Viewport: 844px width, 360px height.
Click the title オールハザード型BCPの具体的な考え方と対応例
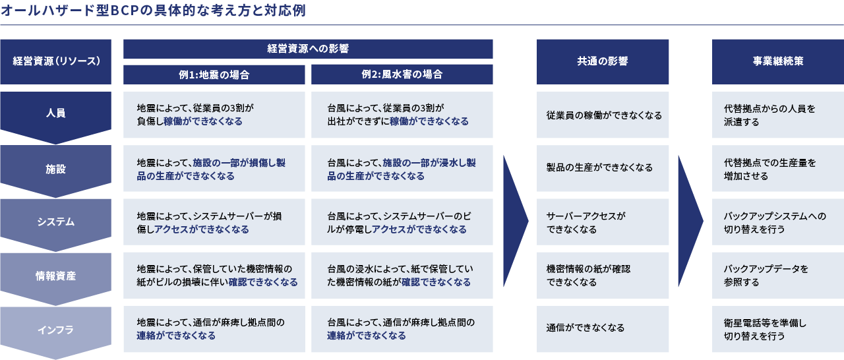(x=153, y=11)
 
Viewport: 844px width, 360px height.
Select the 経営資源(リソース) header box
(x=56, y=62)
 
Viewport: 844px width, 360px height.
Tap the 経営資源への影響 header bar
(x=308, y=49)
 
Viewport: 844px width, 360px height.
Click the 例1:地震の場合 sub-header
(x=214, y=75)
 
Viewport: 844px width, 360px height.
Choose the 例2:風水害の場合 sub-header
(x=402, y=75)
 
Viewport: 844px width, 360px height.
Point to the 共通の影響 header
(x=603, y=62)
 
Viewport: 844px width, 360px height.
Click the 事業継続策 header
(x=777, y=62)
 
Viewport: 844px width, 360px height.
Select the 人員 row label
(x=56, y=113)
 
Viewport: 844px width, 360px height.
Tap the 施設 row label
(x=56, y=169)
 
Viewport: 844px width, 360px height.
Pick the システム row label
(x=56, y=222)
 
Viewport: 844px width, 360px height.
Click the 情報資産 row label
(x=56, y=276)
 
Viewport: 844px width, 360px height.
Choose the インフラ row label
(x=56, y=330)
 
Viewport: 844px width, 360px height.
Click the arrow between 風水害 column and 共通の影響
(x=515, y=222)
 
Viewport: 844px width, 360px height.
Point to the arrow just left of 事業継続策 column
(x=690, y=222)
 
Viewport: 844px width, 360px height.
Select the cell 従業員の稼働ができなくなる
(x=603, y=115)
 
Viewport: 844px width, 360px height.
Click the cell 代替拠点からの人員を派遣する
(x=777, y=115)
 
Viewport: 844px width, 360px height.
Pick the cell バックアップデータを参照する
(x=777, y=275)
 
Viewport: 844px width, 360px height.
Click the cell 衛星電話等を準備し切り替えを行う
(x=777, y=329)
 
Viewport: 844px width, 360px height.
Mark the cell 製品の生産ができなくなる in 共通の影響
(x=603, y=168)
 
